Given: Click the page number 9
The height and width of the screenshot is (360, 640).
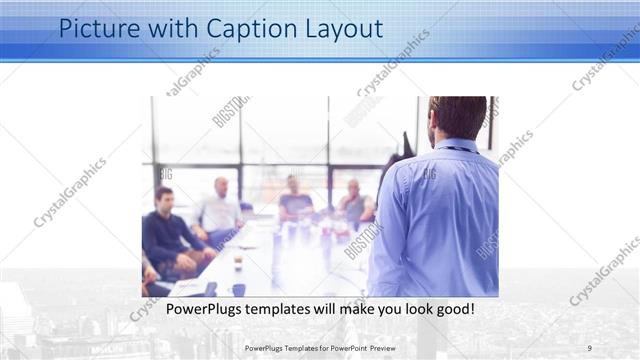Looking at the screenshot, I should (x=590, y=347).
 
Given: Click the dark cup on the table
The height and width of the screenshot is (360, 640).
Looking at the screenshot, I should (x=238, y=262).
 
